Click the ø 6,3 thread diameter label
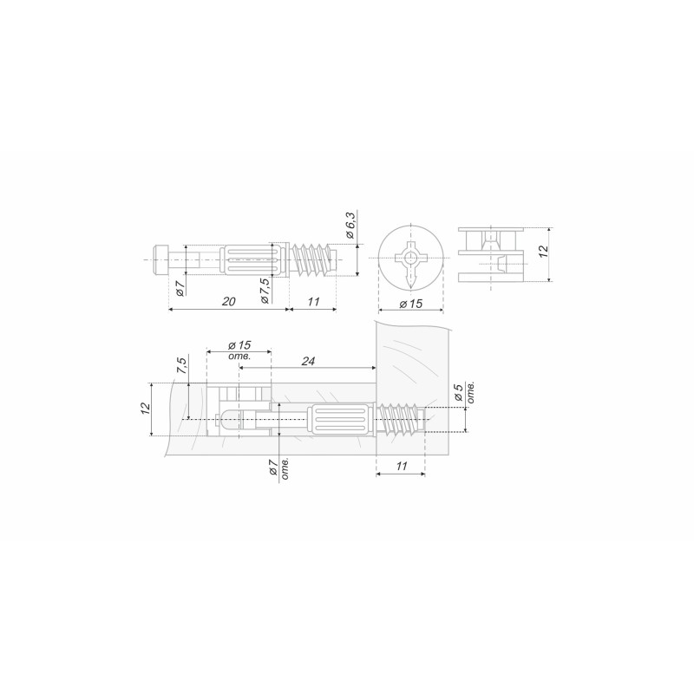point(350,226)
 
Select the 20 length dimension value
point(228,301)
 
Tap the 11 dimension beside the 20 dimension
point(313,301)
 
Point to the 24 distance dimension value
point(308,361)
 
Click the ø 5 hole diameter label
point(459,392)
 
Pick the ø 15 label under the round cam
point(410,304)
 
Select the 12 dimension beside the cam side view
point(544,251)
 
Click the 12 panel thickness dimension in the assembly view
point(146,408)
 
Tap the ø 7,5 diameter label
point(265,291)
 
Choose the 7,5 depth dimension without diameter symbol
point(182,365)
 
